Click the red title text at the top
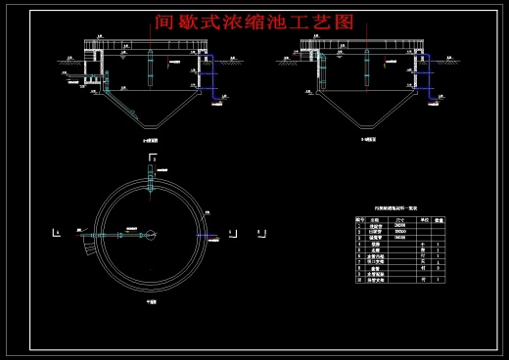tap(254, 21)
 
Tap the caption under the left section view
tap(151, 141)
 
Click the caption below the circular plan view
tap(152, 301)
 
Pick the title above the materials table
tap(399, 208)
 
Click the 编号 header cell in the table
tap(360, 220)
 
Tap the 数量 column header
tap(440, 220)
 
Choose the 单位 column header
tap(423, 220)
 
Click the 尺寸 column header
tap(399, 220)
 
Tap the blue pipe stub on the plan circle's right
tap(208, 235)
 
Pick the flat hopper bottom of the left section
tap(151, 127)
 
